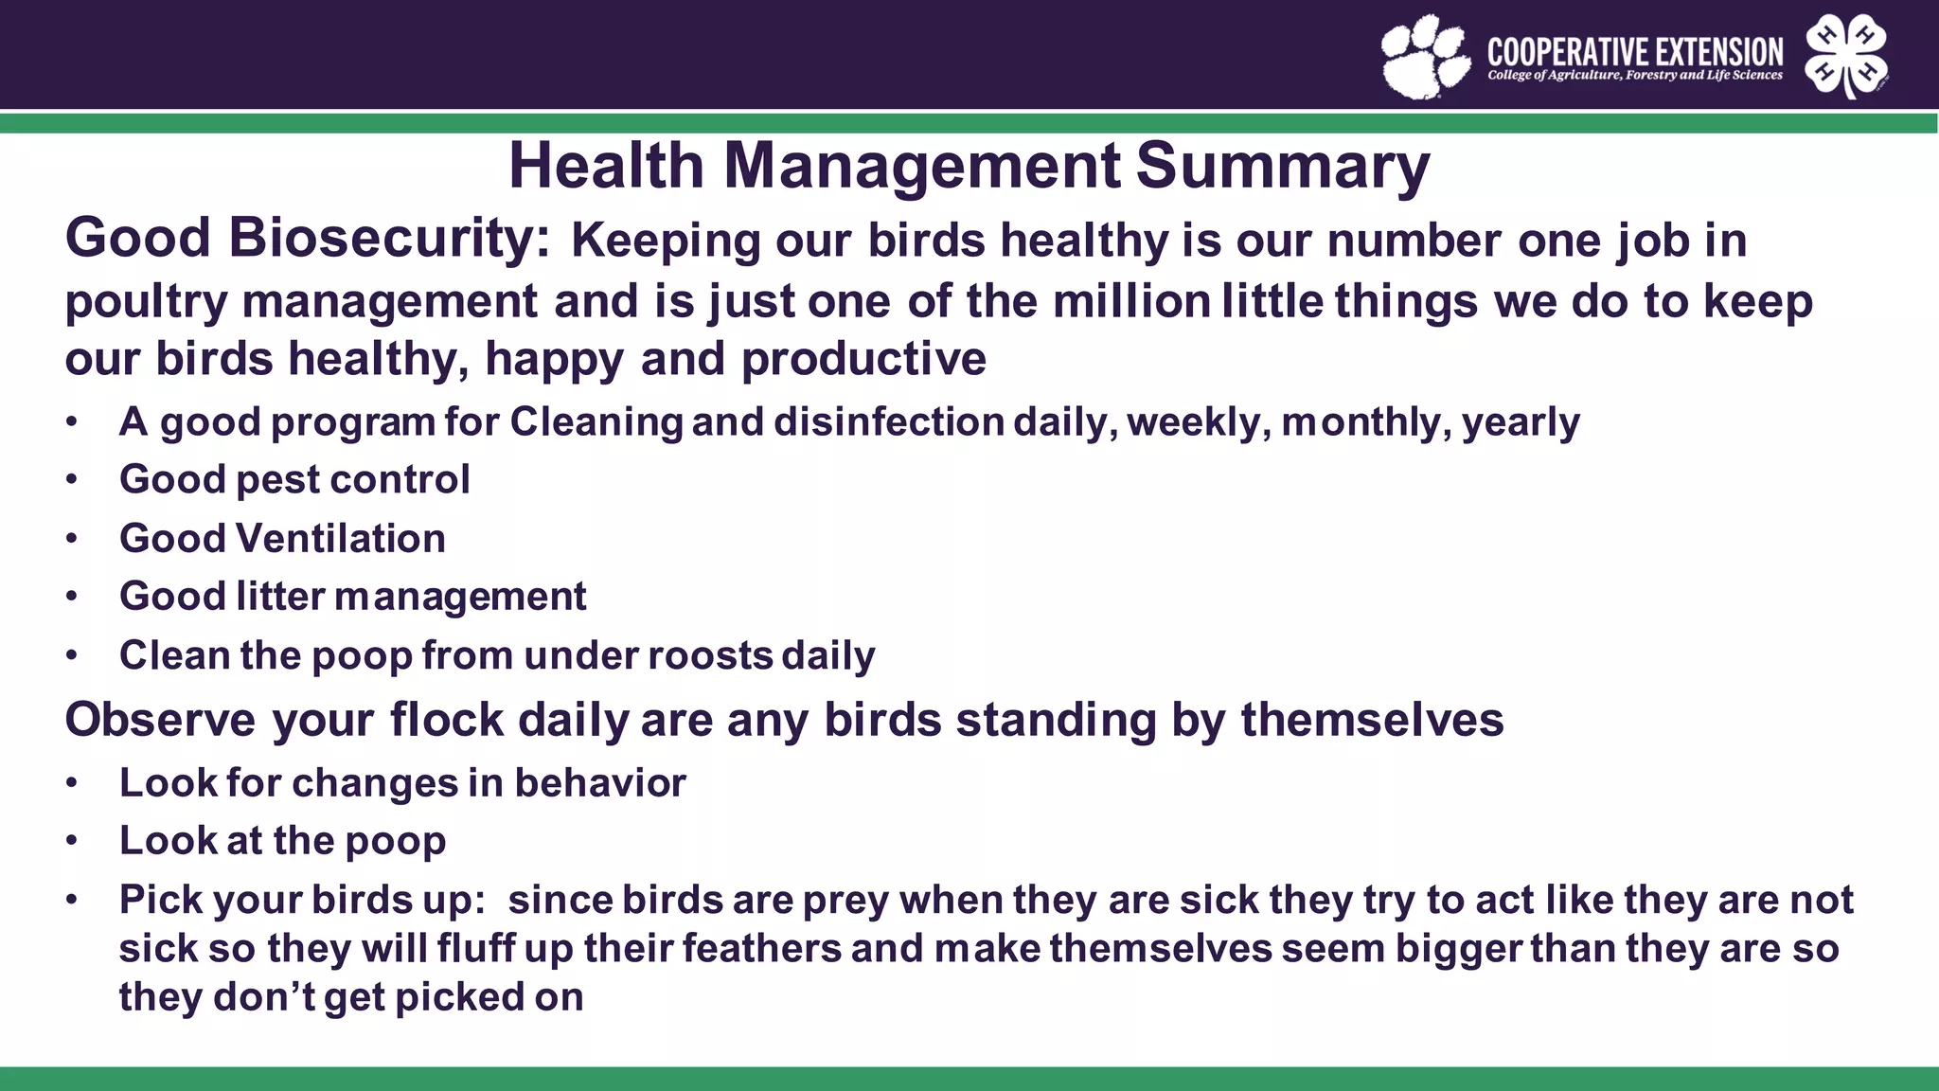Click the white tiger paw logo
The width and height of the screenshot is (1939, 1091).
click(x=1425, y=57)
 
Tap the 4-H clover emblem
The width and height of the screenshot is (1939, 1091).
click(x=1845, y=56)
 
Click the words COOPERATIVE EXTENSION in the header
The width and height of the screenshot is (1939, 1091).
click(x=1635, y=51)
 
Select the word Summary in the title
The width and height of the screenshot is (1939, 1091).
click(x=1282, y=167)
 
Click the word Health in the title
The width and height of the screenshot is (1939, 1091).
click(x=606, y=167)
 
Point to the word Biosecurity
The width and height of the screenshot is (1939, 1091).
click(x=388, y=238)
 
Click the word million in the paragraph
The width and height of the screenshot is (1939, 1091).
click(x=1131, y=301)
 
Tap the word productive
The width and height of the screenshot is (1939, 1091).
click(x=863, y=360)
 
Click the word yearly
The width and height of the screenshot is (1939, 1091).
click(x=1521, y=422)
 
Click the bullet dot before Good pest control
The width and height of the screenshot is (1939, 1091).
click(x=72, y=480)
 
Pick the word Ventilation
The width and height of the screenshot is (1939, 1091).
click(x=341, y=539)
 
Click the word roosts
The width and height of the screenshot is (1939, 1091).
click(x=711, y=655)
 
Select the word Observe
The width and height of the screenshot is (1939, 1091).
click(x=160, y=720)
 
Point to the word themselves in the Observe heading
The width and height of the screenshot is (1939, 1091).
click(x=1372, y=720)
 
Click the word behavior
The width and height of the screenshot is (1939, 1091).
click(x=600, y=783)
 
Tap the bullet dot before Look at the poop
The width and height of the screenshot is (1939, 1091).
click(x=72, y=841)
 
